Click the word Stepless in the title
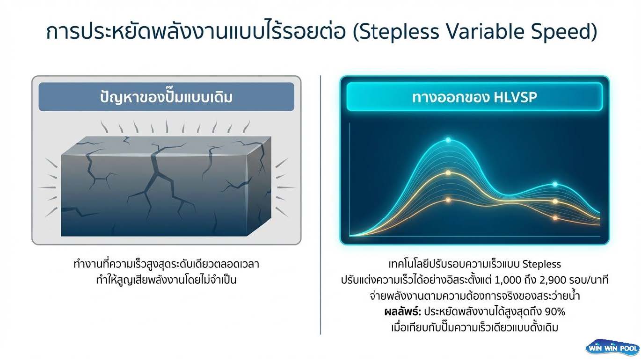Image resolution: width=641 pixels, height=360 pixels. pyautogui.click(x=399, y=31)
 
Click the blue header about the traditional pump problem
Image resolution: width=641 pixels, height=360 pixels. pyautogui.click(x=166, y=97)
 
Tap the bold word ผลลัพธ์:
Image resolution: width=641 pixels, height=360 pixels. pyautogui.click(x=403, y=311)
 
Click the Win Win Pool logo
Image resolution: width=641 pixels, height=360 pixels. pyautogui.click(x=612, y=348)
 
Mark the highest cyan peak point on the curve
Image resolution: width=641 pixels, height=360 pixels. pyautogui.click(x=448, y=140)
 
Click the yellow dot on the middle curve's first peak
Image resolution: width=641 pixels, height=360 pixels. pyautogui.click(x=448, y=173)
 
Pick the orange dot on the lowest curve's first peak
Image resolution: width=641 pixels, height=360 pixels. pyautogui.click(x=448, y=200)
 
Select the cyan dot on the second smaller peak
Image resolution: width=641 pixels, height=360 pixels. pyautogui.click(x=555, y=184)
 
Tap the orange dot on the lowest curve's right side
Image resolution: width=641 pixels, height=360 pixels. pyautogui.click(x=555, y=218)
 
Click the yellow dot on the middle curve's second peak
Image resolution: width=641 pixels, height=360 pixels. pyautogui.click(x=555, y=202)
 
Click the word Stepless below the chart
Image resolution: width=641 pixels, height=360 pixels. pyautogui.click(x=541, y=264)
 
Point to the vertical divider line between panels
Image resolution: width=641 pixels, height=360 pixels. pyautogui.click(x=320, y=205)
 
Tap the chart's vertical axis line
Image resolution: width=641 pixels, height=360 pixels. pyautogui.click(x=350, y=180)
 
